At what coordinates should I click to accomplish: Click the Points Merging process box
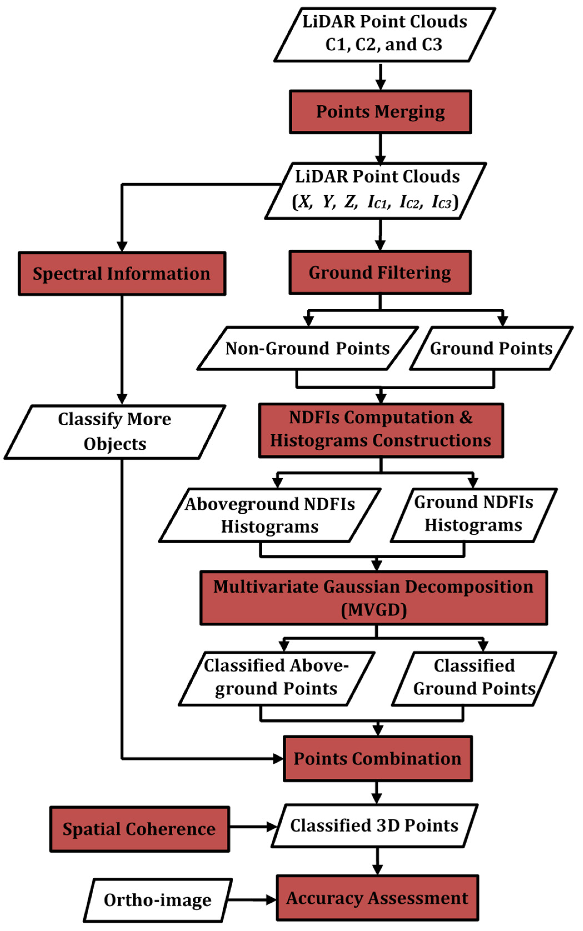click(380, 112)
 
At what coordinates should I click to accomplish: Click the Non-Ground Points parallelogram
click(307, 349)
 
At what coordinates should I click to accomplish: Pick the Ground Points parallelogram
click(491, 349)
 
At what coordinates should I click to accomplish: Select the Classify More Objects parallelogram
click(114, 431)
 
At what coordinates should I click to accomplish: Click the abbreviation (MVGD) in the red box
click(374, 610)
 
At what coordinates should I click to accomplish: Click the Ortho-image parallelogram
click(158, 900)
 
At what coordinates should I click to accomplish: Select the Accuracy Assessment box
click(377, 898)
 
